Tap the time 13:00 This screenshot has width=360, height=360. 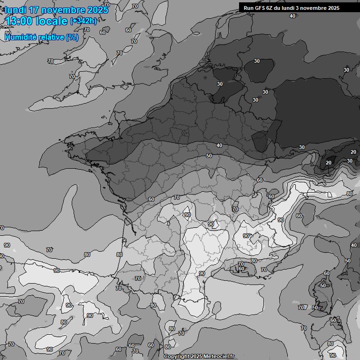pos(19,22)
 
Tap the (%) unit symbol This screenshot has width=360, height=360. pos(72,37)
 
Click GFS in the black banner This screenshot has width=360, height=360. pos(260,8)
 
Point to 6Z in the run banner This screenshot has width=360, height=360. pos(271,8)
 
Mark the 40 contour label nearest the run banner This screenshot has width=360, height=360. pos(292,16)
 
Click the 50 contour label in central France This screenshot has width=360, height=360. pos(209,156)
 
